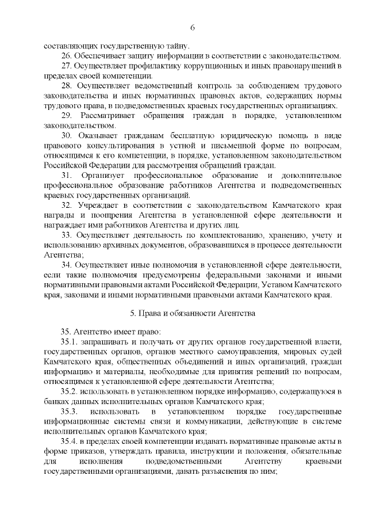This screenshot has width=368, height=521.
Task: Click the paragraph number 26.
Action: click(x=66, y=56)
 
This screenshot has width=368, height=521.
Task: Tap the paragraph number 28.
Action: click(x=66, y=86)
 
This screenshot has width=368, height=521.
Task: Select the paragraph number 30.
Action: click(x=66, y=135)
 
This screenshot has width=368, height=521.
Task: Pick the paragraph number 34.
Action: click(x=66, y=265)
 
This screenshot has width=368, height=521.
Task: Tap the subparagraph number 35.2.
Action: click(x=70, y=391)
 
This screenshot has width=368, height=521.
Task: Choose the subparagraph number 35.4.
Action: click(x=70, y=442)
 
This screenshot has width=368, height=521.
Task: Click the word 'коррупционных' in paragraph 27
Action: click(x=205, y=66)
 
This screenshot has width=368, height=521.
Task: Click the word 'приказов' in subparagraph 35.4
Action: click(x=83, y=452)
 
